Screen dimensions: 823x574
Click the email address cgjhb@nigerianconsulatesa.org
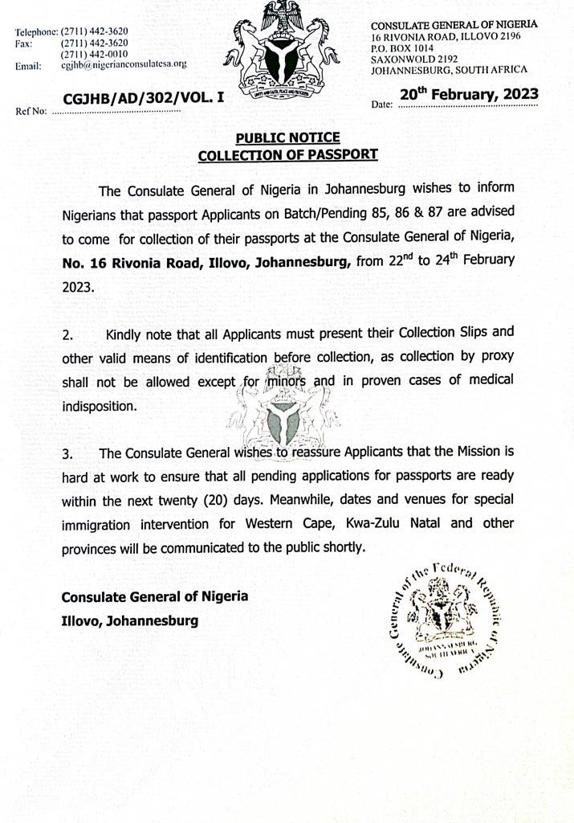click(x=124, y=64)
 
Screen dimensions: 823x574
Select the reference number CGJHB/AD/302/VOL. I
click(x=144, y=98)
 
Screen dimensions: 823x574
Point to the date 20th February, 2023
click(x=469, y=95)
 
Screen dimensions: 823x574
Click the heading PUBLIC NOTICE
click(x=287, y=138)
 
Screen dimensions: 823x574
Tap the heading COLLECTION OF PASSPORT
click(x=287, y=155)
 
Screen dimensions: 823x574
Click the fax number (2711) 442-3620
click(x=94, y=43)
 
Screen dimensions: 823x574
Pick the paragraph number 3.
click(x=68, y=455)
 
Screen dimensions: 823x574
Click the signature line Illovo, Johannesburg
click(x=130, y=620)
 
